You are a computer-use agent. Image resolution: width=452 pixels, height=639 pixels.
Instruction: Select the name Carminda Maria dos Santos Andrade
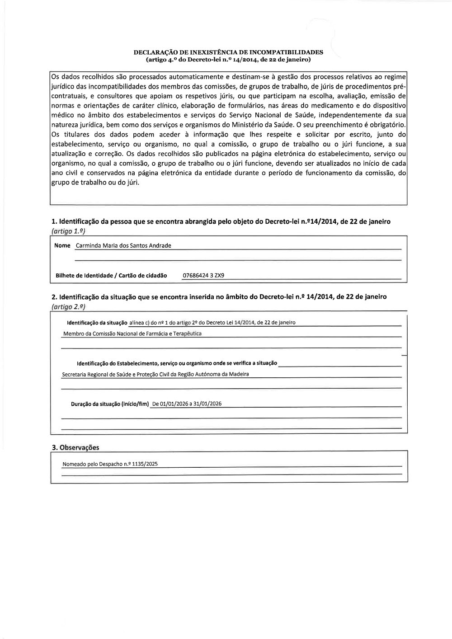[123, 246]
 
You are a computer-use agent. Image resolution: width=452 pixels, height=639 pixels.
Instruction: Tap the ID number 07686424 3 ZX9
[203, 276]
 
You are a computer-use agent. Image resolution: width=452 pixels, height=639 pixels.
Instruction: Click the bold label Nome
[62, 245]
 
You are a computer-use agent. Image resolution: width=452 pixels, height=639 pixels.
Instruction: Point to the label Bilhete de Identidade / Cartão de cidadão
[111, 276]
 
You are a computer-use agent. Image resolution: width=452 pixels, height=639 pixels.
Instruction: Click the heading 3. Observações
[75, 447]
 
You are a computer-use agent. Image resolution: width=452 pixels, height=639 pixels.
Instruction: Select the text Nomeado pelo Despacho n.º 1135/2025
[110, 464]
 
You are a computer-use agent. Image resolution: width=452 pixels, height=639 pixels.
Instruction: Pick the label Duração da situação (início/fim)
[110, 404]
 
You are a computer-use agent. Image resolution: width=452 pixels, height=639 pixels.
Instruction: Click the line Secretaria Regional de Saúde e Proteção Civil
[155, 374]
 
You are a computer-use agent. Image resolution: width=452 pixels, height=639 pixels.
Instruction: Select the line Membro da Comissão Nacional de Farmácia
[132, 334]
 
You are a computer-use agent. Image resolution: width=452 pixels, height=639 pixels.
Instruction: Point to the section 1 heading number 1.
[54, 221]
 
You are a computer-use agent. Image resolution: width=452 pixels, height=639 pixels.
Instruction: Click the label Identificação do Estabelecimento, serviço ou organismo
[177, 363]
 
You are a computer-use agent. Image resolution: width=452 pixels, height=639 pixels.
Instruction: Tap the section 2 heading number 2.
[54, 297]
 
